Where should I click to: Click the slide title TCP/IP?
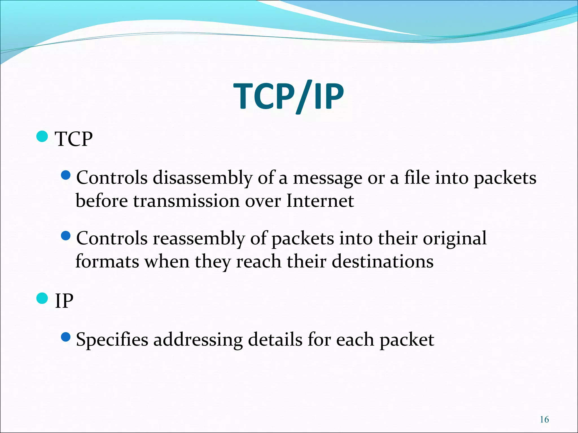[288, 96]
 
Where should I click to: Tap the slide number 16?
[544, 419]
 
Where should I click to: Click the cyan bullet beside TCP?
[42, 136]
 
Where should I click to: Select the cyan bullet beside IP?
[42, 298]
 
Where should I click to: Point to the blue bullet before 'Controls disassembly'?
[65, 175]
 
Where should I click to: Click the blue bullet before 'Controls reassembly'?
[65, 236]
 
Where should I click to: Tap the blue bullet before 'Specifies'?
[65, 337]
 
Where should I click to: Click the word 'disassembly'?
[202, 178]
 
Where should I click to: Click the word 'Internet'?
[320, 201]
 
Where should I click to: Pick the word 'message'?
[327, 178]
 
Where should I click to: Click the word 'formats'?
[107, 261]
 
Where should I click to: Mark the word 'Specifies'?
[112, 340]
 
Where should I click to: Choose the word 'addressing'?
[198, 340]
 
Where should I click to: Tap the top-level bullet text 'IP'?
[64, 301]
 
